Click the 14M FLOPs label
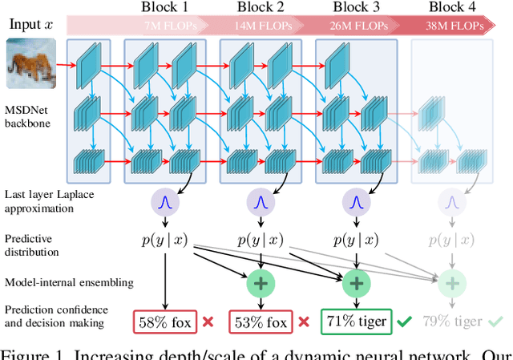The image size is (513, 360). click(259, 25)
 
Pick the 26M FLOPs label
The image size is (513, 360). click(355, 25)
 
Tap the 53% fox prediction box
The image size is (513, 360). click(260, 322)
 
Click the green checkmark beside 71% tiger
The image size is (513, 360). click(403, 322)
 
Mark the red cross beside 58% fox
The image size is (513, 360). click(208, 322)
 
